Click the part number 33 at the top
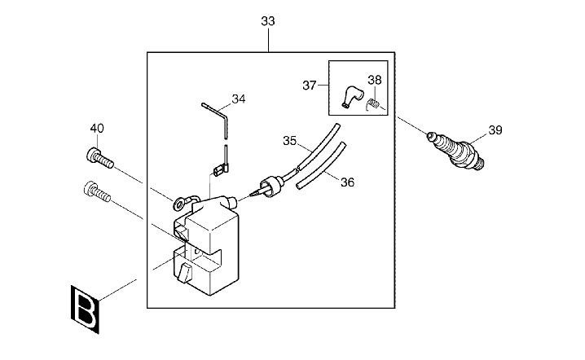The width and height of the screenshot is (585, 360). (268, 21)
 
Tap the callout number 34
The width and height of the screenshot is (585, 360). (239, 99)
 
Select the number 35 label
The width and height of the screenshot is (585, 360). (289, 140)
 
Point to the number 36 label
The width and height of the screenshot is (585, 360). (347, 182)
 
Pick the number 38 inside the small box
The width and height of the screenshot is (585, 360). (374, 81)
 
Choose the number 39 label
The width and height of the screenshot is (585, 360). (495, 130)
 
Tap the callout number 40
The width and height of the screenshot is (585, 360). (97, 128)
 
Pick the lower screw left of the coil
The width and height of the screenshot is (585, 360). (95, 192)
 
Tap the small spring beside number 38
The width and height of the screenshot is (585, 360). (376, 104)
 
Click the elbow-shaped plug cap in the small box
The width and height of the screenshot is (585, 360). (353, 95)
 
